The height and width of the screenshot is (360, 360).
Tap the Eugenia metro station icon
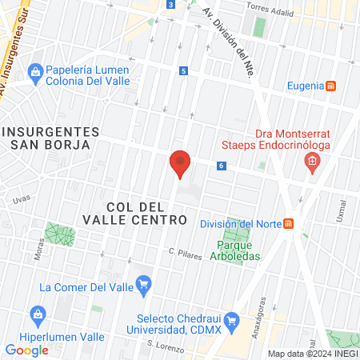point(331,86)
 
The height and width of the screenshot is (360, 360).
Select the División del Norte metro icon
point(290,223)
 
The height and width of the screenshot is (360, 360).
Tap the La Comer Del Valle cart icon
point(144,283)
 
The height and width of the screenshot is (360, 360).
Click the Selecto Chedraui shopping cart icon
point(233,322)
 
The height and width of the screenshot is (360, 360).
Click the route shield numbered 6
point(221,166)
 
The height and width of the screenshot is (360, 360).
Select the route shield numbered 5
point(184,70)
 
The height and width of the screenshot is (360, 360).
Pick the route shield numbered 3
point(171,5)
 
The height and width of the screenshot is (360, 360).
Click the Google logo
point(26,350)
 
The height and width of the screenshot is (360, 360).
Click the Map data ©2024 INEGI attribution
point(311,354)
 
